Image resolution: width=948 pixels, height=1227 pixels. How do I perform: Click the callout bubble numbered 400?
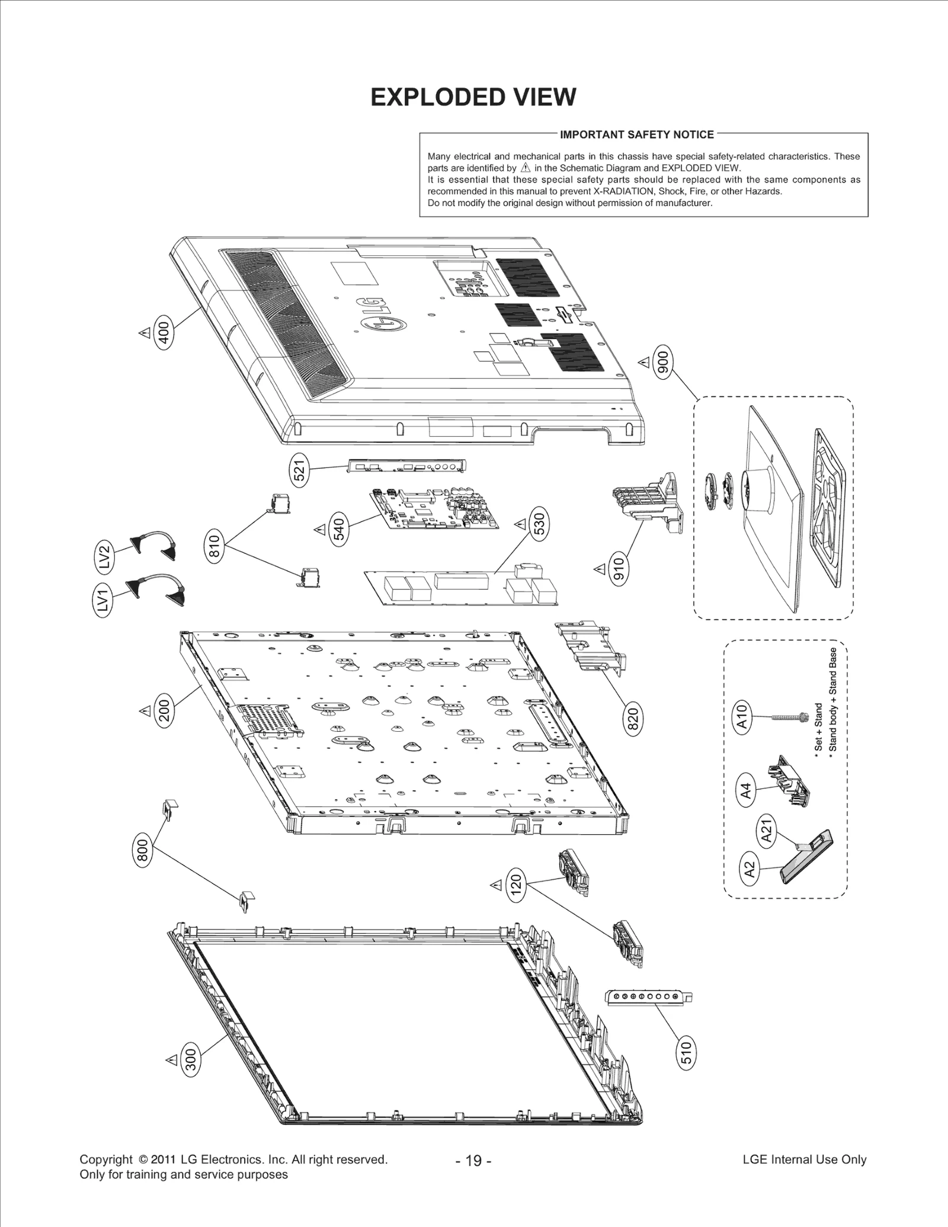[x=164, y=333]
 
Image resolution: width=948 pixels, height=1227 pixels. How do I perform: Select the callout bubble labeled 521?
[x=300, y=470]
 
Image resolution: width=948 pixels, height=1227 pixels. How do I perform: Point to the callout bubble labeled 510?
[x=686, y=1053]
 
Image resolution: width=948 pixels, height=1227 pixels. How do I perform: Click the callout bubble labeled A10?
[x=743, y=717]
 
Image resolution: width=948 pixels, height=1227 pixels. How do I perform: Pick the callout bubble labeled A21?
[x=767, y=830]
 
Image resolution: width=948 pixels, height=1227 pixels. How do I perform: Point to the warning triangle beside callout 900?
[x=643, y=361]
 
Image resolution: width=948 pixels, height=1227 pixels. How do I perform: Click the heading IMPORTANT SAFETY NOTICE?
[x=637, y=134]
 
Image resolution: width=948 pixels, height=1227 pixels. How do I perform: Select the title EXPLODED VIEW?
[x=473, y=97]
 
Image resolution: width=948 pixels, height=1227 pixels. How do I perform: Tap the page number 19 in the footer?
[x=473, y=1161]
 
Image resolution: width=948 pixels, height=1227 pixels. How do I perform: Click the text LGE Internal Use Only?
[x=804, y=1159]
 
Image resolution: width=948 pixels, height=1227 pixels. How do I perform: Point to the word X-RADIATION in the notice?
[x=623, y=191]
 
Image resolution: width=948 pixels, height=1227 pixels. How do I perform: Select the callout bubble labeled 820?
[x=633, y=719]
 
